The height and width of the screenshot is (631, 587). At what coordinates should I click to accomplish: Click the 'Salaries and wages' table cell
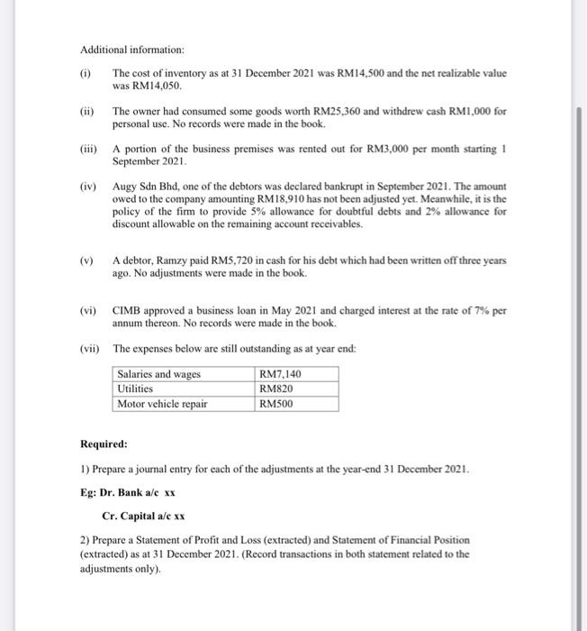pyautogui.click(x=159, y=375)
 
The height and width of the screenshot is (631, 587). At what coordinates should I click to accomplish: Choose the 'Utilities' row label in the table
pyautogui.click(x=136, y=389)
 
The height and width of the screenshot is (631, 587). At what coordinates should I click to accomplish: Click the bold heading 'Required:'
pyautogui.click(x=104, y=444)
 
